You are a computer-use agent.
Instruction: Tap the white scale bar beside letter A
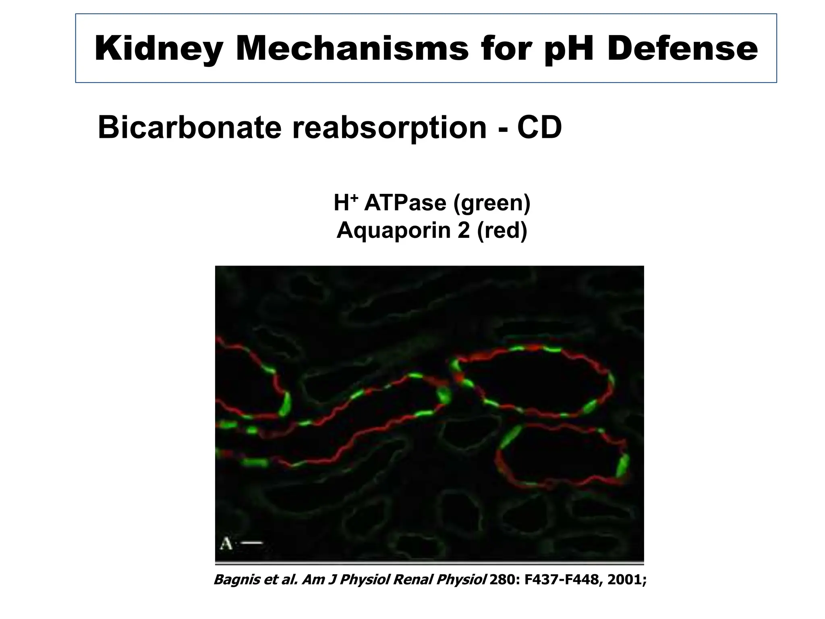point(251,543)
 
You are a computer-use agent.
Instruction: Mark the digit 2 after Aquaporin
point(463,230)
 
